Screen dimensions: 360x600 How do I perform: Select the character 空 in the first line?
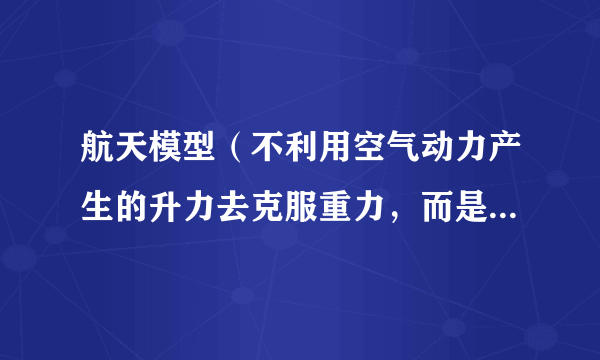click(370, 151)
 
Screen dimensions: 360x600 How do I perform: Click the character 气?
click(405, 151)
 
